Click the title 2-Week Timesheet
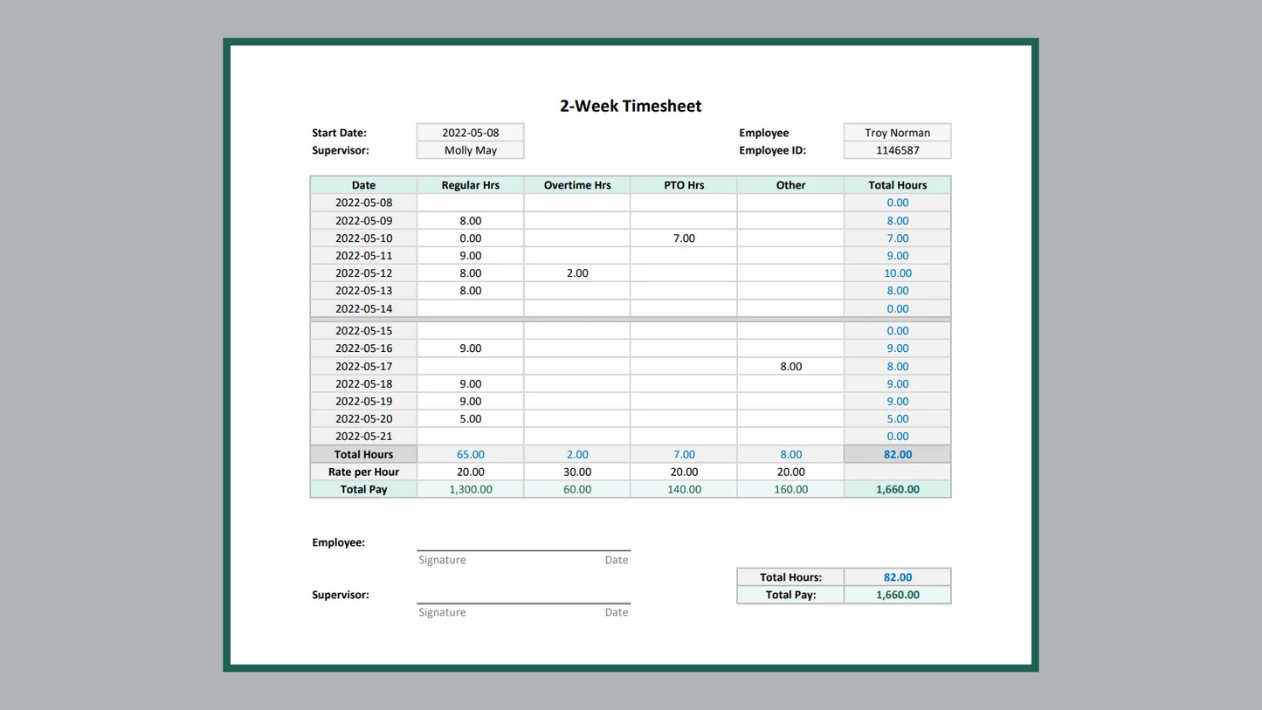[x=631, y=106]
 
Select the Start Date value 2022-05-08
[x=470, y=133]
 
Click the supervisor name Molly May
[x=470, y=150]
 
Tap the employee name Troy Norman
[x=897, y=133]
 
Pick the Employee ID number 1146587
[x=897, y=150]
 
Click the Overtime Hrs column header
[x=576, y=185]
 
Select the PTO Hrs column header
[x=684, y=185]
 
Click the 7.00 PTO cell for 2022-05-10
[x=684, y=238]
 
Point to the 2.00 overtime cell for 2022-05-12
[x=577, y=273]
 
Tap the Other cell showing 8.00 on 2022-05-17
[x=790, y=366]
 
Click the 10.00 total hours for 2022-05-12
[x=897, y=273]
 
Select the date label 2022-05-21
[x=363, y=436]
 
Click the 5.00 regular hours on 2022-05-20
[x=470, y=418]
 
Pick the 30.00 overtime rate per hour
[x=577, y=472]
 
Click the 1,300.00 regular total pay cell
[x=470, y=489]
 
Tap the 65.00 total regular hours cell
[x=470, y=454]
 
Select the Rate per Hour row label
[x=363, y=472]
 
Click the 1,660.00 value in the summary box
[x=897, y=595]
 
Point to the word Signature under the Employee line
[x=442, y=560]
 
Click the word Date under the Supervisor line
[x=616, y=612]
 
